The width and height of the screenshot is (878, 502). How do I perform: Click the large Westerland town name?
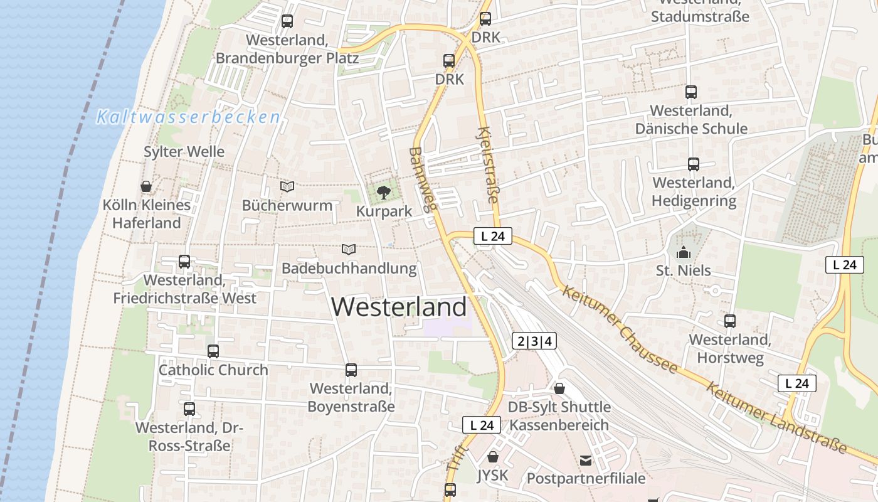click(x=399, y=307)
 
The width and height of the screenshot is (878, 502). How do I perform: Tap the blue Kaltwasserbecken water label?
click(x=188, y=117)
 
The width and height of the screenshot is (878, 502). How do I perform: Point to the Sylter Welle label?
click(x=184, y=152)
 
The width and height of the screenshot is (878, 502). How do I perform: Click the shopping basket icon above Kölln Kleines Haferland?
click(x=146, y=186)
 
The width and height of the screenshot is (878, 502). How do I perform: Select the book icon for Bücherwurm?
click(x=287, y=186)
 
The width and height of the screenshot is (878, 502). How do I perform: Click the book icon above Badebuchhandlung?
click(x=349, y=249)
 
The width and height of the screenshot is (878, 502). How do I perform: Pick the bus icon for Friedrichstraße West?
click(x=184, y=261)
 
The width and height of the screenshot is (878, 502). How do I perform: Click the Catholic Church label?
click(x=213, y=370)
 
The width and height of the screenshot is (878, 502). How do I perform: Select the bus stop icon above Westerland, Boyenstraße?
click(x=351, y=370)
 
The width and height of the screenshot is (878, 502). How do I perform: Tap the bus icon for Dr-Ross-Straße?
click(x=189, y=409)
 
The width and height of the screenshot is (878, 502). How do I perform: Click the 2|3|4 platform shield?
click(x=534, y=341)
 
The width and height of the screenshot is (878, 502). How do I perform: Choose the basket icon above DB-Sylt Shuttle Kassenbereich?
click(x=559, y=388)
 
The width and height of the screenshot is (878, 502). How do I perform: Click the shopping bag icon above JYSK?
click(x=493, y=456)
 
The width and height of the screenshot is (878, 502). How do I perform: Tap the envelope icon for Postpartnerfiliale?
click(x=586, y=461)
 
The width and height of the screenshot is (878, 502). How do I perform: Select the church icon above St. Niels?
click(x=683, y=252)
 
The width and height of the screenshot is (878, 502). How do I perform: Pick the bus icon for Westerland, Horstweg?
click(x=730, y=321)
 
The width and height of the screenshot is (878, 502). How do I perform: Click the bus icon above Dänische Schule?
click(x=691, y=92)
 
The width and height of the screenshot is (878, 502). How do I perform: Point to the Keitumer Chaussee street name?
click(x=620, y=329)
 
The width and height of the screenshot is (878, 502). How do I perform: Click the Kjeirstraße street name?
click(x=488, y=164)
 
